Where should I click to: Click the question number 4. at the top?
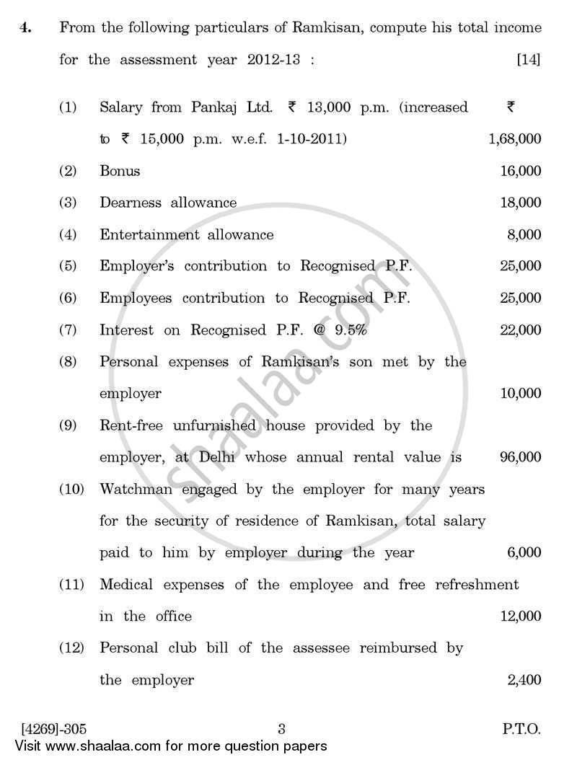pyautogui.click(x=25, y=28)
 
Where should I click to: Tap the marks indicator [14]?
pyautogui.click(x=528, y=61)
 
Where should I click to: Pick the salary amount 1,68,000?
pyautogui.click(x=514, y=139)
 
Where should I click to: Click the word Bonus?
pyautogui.click(x=120, y=171)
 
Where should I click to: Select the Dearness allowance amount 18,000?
pyautogui.click(x=520, y=203)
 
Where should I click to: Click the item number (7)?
pyautogui.click(x=68, y=330)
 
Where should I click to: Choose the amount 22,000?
pyautogui.click(x=520, y=330)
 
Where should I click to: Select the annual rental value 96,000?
pyautogui.click(x=520, y=457)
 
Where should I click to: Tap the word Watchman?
pyautogui.click(x=132, y=490)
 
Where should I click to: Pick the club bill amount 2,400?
pyautogui.click(x=524, y=680)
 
